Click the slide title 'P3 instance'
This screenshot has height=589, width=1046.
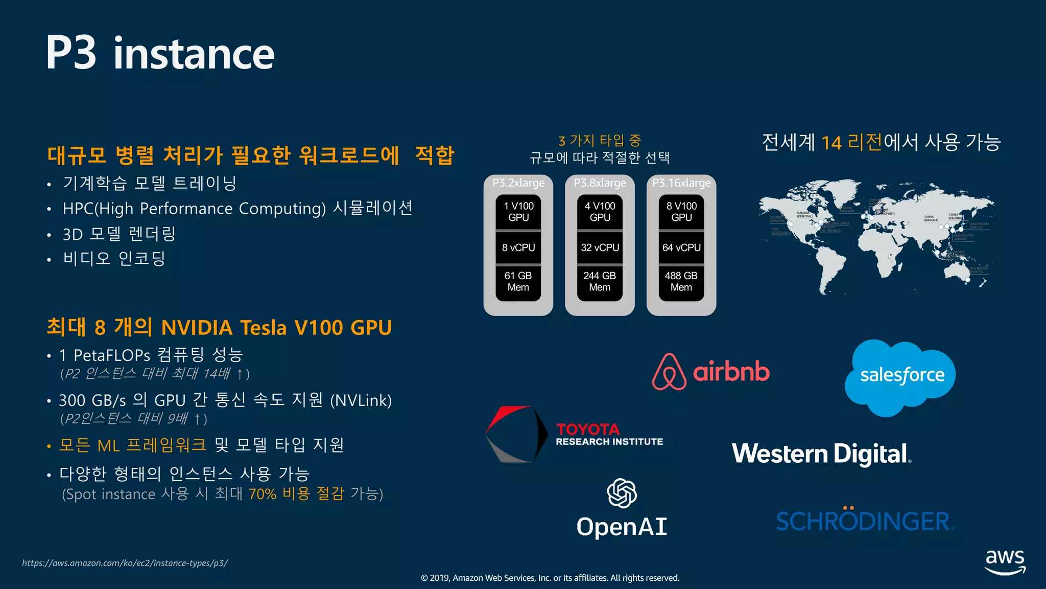point(160,53)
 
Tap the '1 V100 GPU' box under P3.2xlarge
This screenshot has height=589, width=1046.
point(518,212)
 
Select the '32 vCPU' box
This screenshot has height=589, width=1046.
point(600,248)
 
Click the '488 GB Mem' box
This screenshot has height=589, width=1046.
point(681,282)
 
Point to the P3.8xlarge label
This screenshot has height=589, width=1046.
point(600,183)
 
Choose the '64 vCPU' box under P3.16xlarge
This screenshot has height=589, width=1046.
point(681,248)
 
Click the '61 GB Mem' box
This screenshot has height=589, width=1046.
point(518,282)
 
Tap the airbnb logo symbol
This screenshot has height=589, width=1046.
point(669,372)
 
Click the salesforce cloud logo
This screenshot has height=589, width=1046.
point(900,376)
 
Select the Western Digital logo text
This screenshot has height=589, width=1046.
point(821,454)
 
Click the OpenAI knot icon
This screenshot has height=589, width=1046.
point(622,493)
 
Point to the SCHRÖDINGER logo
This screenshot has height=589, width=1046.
point(864,521)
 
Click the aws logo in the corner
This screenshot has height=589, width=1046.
point(1005,561)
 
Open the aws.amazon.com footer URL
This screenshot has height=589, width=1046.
point(125,563)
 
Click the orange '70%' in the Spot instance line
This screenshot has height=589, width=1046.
point(262,494)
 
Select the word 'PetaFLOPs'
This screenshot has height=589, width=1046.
point(112,355)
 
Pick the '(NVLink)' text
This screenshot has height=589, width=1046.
point(361,400)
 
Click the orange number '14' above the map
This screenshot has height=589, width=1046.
point(831,143)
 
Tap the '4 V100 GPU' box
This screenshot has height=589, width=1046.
point(600,212)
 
